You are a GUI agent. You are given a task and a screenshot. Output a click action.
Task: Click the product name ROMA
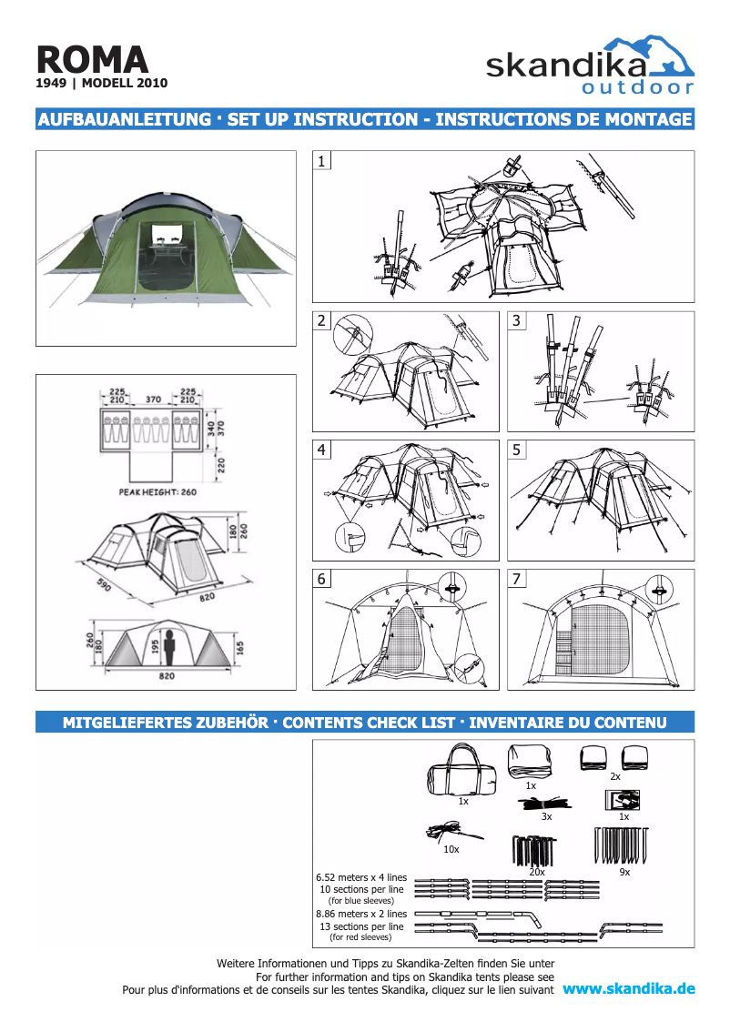point(92,60)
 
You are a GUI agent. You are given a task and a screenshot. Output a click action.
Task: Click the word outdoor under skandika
point(637,87)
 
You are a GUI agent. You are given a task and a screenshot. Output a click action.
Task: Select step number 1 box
point(321,160)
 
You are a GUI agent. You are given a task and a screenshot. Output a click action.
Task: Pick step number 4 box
point(321,450)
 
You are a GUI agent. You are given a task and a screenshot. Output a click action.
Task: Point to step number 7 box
point(516,579)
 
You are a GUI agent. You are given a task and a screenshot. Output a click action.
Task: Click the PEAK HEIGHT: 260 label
point(157,491)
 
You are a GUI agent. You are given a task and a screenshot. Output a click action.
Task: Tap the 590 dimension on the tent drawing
point(104,584)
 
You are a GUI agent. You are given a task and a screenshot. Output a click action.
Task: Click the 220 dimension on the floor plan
point(221,466)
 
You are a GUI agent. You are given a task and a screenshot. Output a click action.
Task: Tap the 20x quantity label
point(537,872)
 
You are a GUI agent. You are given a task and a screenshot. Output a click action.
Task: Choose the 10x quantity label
point(451,849)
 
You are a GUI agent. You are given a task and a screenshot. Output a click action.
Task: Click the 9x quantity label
point(624,872)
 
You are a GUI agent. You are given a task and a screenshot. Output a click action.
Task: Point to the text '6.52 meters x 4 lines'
point(361,877)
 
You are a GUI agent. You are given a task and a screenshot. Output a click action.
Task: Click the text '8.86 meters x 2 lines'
point(361,914)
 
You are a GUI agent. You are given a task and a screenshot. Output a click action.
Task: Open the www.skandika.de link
point(629,988)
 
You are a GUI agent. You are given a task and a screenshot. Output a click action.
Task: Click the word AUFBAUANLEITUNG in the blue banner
point(125,119)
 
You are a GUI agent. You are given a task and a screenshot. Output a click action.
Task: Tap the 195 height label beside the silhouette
point(156,648)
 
